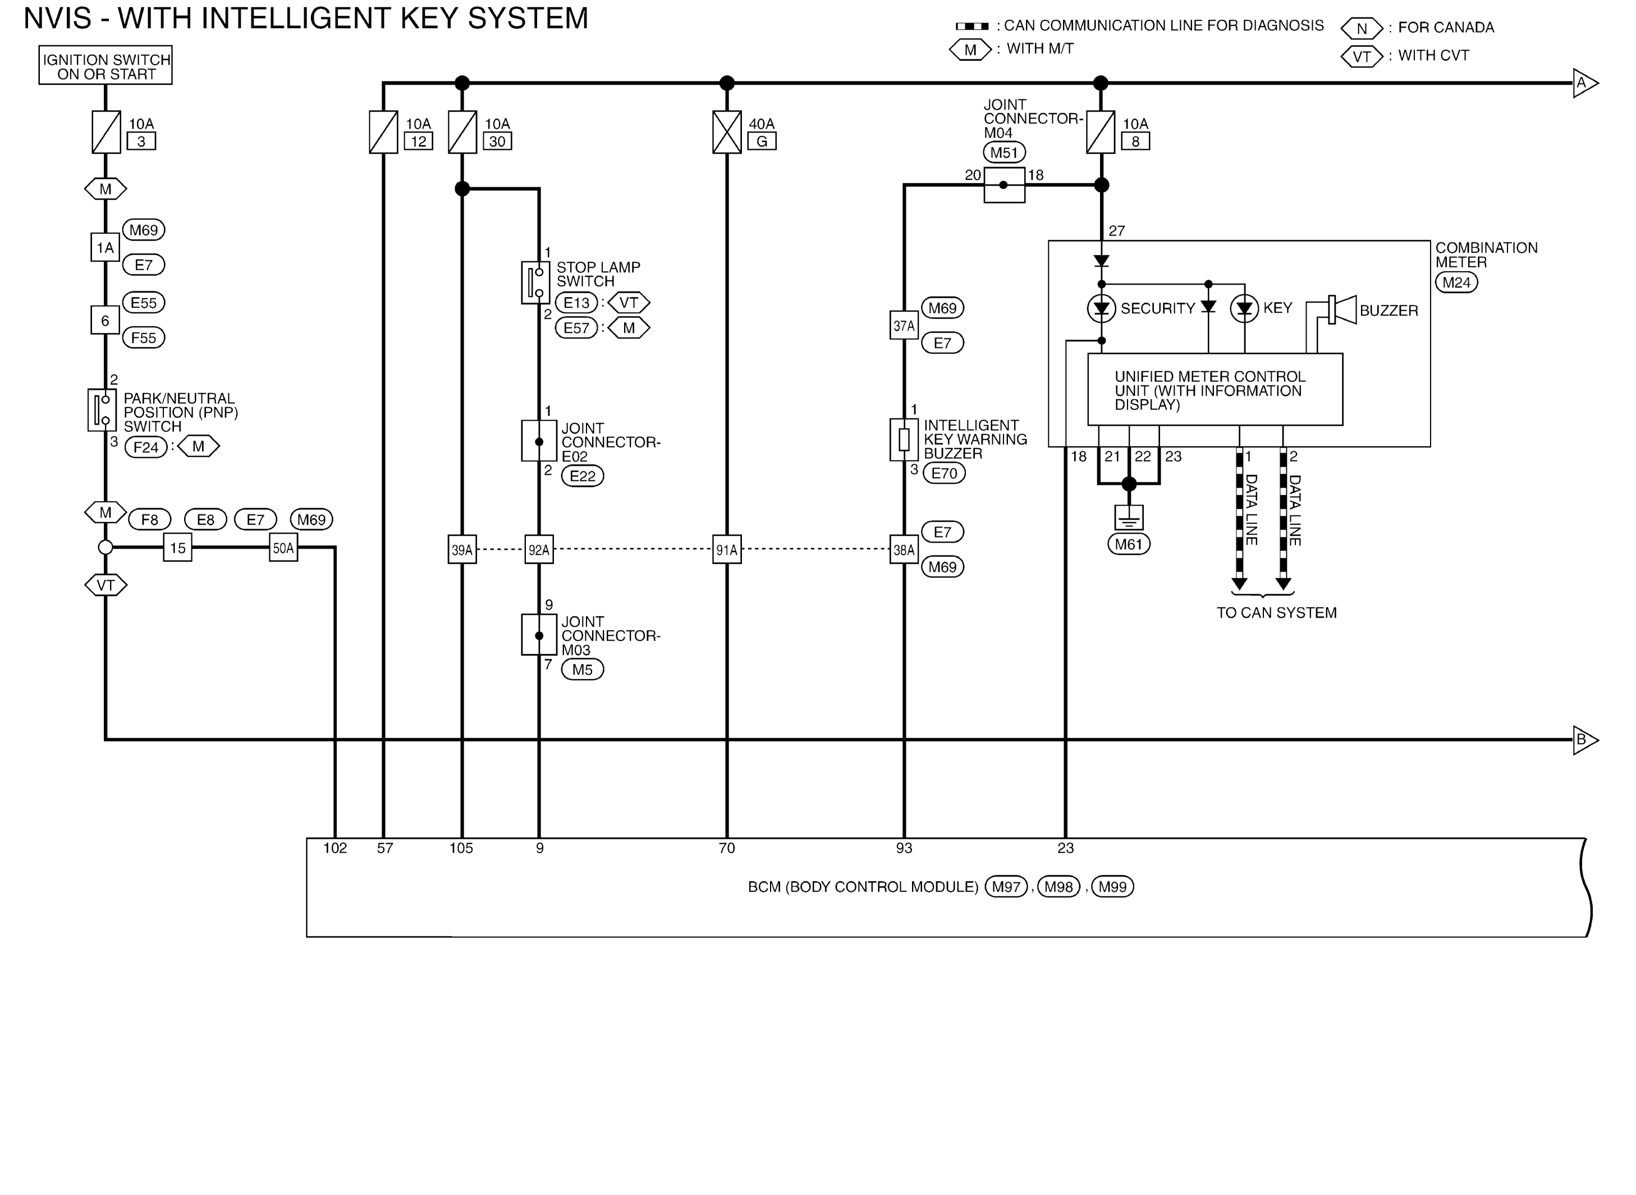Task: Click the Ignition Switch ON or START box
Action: pos(106,66)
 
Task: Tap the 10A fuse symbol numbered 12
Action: pos(383,132)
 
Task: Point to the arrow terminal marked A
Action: pos(1585,83)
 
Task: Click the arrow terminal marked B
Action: pos(1585,739)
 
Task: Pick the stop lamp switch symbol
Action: pos(535,283)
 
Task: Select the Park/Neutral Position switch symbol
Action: pos(102,410)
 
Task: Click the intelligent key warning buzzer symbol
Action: pos(904,439)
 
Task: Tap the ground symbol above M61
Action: pos(1129,518)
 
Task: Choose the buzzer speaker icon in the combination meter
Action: pos(1342,310)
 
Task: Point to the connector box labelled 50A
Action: pos(283,548)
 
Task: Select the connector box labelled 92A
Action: pos(539,550)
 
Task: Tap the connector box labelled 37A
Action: pos(904,325)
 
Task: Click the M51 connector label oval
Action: pos(1004,153)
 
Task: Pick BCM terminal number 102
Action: pos(335,848)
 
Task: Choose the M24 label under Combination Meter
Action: pos(1456,282)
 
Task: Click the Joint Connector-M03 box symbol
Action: pos(539,635)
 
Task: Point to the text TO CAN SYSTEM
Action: pos(1276,613)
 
